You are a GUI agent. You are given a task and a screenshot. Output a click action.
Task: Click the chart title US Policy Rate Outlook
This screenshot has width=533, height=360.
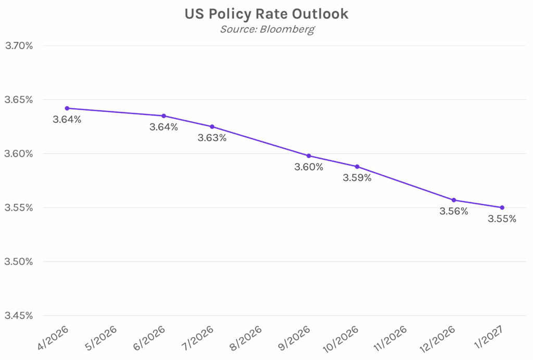pos(266,14)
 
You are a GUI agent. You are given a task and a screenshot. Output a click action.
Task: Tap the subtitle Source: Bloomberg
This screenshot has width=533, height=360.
pos(266,29)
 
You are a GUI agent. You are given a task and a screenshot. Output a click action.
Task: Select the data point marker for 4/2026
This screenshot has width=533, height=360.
pos(67,108)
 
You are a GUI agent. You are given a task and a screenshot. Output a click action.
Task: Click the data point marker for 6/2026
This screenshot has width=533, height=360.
pos(164,116)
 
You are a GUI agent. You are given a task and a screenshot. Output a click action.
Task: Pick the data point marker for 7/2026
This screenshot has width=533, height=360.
pos(212,126)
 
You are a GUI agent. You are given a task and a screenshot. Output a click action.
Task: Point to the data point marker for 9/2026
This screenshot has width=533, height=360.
pos(309,156)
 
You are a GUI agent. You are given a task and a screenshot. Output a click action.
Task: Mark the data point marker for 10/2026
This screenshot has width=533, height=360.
pos(357,166)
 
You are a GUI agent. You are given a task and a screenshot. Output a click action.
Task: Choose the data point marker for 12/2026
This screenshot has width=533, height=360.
pos(454,200)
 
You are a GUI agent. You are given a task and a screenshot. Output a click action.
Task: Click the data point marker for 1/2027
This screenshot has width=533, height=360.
pos(502,208)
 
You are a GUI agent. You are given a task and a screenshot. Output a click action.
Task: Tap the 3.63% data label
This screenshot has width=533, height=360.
pos(212,138)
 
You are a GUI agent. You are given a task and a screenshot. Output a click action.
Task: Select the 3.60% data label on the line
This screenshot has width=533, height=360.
pos(309,167)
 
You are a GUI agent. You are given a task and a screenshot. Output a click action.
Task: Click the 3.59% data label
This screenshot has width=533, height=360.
pos(357,178)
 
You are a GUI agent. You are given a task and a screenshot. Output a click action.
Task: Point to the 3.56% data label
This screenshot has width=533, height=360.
pos(454,211)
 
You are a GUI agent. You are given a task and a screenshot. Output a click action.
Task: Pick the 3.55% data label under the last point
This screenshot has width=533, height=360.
pos(502,219)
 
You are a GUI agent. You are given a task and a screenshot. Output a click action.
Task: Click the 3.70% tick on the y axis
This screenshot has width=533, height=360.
pos(19,46)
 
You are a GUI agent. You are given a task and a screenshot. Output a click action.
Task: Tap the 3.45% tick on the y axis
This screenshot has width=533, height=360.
pos(19,316)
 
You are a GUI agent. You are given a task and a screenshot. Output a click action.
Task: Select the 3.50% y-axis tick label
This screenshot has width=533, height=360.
pos(19,262)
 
